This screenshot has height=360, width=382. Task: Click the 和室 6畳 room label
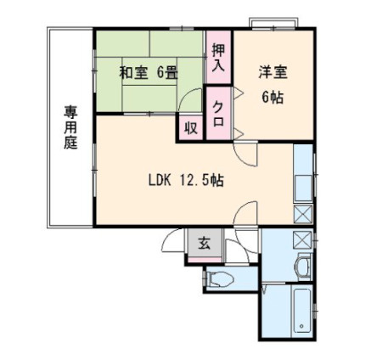[x=148, y=74]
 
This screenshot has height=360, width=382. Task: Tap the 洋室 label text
[x=272, y=74]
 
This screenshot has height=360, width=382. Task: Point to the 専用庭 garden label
[x=70, y=127]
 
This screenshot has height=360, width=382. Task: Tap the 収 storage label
[x=190, y=128]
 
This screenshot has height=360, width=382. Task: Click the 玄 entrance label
[x=204, y=244]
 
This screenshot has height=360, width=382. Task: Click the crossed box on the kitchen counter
[x=302, y=213]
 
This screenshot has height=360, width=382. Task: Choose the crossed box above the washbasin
[x=302, y=239]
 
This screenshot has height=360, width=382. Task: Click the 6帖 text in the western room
[x=272, y=96]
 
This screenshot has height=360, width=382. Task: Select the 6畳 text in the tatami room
[x=166, y=74]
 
